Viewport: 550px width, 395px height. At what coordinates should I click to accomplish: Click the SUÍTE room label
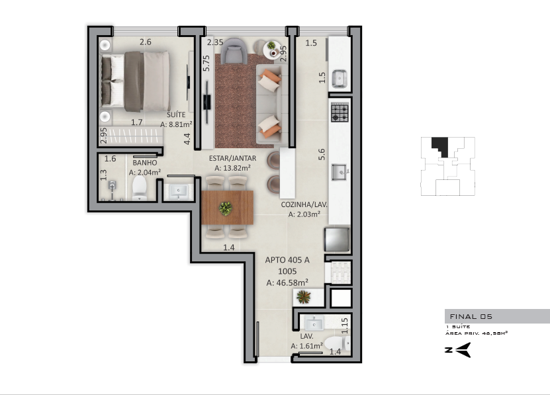pyautogui.click(x=176, y=114)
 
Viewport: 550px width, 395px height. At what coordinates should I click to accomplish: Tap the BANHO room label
pyautogui.click(x=145, y=163)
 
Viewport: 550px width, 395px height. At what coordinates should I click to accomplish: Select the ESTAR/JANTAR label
pyautogui.click(x=232, y=158)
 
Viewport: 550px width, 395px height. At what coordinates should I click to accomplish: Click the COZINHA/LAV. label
pyautogui.click(x=304, y=204)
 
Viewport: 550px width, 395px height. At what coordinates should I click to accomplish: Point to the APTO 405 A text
pyautogui.click(x=287, y=260)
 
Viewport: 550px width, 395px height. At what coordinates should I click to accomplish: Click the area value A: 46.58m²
pyautogui.click(x=287, y=283)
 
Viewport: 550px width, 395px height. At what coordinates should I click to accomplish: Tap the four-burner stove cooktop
pyautogui.click(x=340, y=112)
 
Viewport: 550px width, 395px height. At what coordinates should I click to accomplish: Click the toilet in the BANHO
pyautogui.click(x=139, y=188)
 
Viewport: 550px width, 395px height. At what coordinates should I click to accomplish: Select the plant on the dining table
pyautogui.click(x=225, y=208)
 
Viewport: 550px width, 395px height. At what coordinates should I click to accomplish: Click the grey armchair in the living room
pyautogui.click(x=234, y=50)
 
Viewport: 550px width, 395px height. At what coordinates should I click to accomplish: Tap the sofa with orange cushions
pyautogui.click(x=269, y=104)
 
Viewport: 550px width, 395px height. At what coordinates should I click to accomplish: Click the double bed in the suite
pyautogui.click(x=136, y=81)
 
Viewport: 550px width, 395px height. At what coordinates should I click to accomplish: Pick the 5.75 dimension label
pyautogui.click(x=206, y=63)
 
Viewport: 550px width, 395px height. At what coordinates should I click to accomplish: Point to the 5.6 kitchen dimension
pyautogui.click(x=321, y=154)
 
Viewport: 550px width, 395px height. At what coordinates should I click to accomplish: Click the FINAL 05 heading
pyautogui.click(x=471, y=316)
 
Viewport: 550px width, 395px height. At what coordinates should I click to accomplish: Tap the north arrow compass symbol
pyautogui.click(x=458, y=350)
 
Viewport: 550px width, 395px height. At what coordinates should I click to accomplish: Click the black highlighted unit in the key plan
pyautogui.click(x=441, y=146)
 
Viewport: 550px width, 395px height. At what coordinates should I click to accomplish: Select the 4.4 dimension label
pyautogui.click(x=187, y=138)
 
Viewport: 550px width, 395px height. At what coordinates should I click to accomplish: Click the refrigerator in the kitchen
pyautogui.click(x=337, y=240)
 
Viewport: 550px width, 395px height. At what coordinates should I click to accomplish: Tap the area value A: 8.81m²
pyautogui.click(x=176, y=124)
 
